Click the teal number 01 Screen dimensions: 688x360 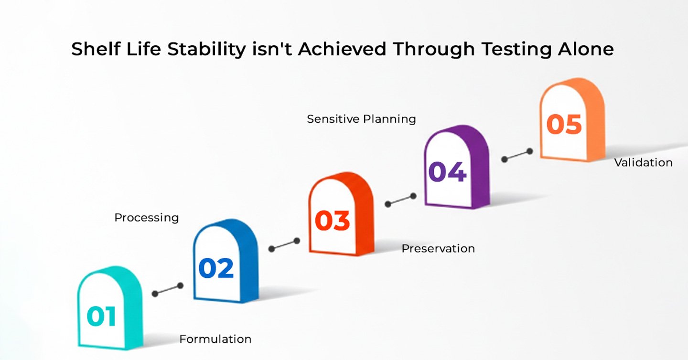point(101,316)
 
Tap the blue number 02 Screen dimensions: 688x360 point(216,268)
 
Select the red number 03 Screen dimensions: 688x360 point(333,221)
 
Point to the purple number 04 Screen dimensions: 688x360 point(448,171)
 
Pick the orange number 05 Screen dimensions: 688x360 point(564,124)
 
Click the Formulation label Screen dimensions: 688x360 point(215,339)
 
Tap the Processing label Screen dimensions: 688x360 point(147,218)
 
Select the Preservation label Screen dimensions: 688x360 point(438,249)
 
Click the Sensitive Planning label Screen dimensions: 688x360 point(362,119)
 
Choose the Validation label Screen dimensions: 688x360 point(644,163)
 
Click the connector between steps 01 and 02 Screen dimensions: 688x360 point(168,290)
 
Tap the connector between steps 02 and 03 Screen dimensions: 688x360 point(284,245)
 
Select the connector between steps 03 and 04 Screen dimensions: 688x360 point(401,200)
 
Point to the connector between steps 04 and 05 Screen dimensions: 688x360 point(517,155)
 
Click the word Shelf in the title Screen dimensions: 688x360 point(96,49)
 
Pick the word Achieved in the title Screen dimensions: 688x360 point(342,49)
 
